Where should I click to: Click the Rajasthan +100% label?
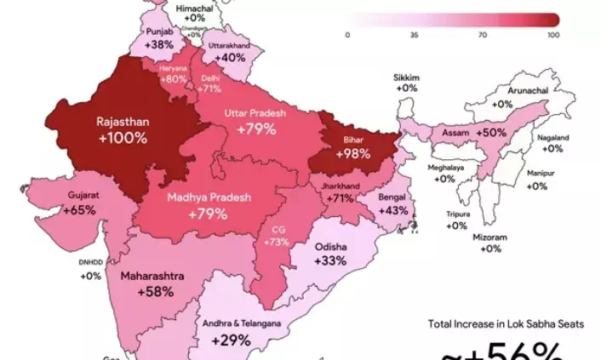pos(122,129)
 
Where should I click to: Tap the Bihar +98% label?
pos(352,146)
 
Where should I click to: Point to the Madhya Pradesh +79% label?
pos(208,205)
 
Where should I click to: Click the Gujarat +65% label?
pos(82,203)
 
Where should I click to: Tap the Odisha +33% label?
pos(330,254)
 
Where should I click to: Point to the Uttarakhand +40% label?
pos(229,50)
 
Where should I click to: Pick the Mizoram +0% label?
pos(489,243)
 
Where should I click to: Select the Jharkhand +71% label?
pos(338,191)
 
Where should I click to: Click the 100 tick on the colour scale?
pos(553,35)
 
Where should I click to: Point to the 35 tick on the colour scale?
pos(414,35)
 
